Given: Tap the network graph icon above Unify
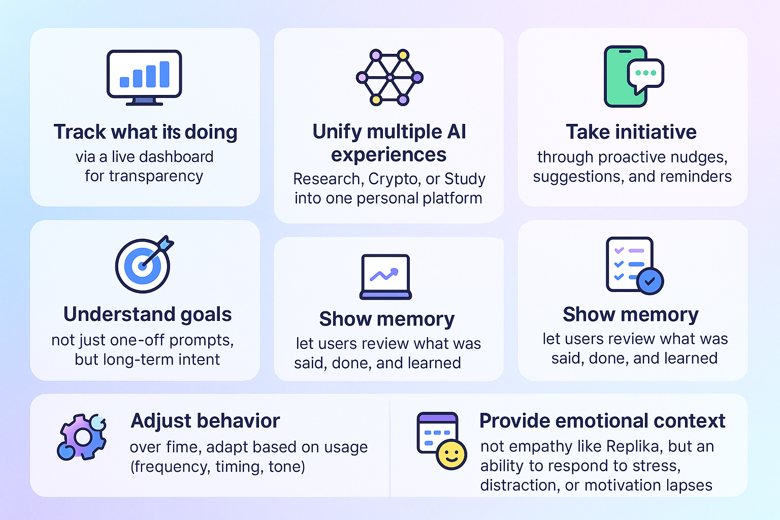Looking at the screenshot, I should click(389, 77).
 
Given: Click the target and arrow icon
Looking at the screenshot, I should click(144, 265).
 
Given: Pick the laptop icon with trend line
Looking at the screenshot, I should click(385, 277).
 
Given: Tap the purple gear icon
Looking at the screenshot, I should click(82, 437).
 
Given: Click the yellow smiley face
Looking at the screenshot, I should click(451, 454).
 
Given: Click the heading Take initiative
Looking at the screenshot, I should click(631, 132).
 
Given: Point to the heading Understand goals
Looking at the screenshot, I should click(147, 314).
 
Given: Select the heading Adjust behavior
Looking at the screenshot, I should click(205, 421).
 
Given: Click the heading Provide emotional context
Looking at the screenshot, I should click(602, 421).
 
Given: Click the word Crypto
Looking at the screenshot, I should click(394, 179).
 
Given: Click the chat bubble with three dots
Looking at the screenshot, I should click(645, 74).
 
